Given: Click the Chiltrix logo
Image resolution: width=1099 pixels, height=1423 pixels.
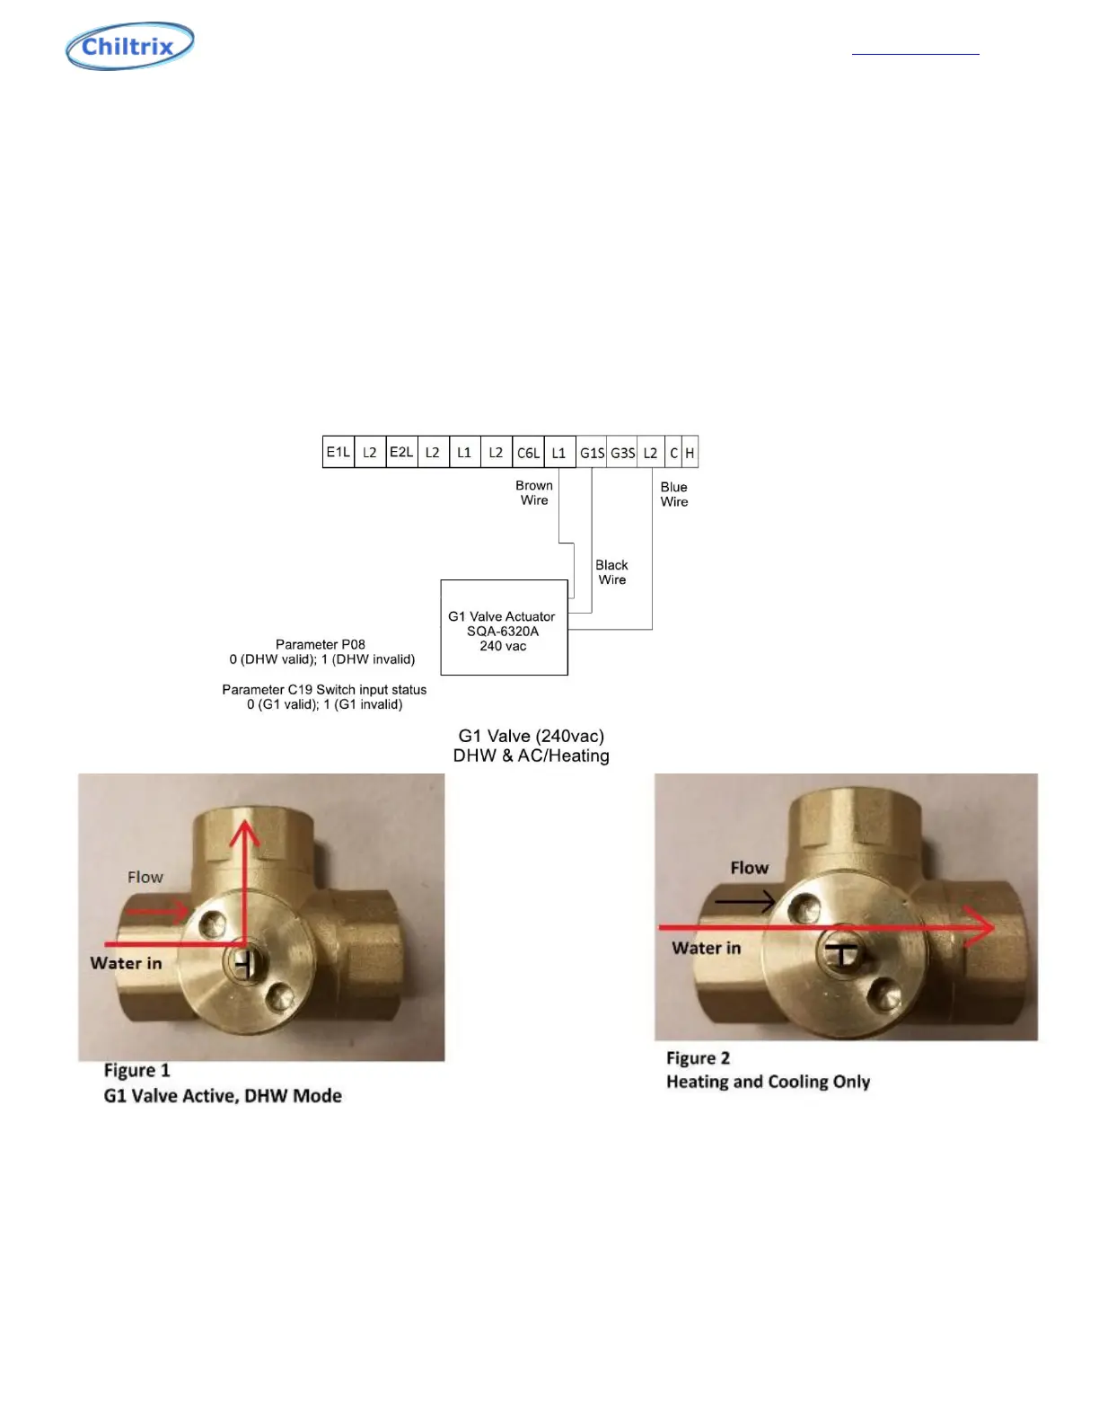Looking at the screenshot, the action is (130, 46).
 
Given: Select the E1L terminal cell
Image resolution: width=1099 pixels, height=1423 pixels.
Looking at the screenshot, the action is (338, 452).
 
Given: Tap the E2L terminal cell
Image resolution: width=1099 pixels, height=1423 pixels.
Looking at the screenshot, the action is (401, 452).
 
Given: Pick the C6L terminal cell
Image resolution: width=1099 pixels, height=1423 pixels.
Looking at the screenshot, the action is (528, 452).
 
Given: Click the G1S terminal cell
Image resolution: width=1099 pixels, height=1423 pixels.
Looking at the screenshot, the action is (592, 452).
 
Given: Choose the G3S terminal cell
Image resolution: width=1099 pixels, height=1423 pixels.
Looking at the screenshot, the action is (623, 452).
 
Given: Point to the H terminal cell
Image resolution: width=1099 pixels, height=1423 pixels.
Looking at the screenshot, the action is (690, 452).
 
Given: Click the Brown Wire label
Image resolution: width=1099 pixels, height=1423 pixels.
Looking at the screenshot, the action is (534, 492).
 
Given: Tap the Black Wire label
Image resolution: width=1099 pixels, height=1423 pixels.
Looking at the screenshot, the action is (611, 572).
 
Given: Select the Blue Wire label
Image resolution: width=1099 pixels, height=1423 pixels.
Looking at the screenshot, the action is (674, 494).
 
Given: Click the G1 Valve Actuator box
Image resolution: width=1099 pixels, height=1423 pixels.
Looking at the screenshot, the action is (504, 627).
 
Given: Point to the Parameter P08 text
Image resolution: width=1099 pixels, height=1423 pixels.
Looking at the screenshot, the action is (321, 644).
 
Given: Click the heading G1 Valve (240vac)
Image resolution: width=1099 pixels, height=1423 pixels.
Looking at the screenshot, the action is (531, 736).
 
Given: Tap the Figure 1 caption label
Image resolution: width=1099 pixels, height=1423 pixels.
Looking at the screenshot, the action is (136, 1070).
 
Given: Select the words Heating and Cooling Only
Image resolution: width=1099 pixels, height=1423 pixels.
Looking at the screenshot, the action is (768, 1082).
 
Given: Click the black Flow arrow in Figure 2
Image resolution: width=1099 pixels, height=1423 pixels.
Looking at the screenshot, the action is (744, 900).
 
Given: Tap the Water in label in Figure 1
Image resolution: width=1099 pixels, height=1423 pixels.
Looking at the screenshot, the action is (126, 963).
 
